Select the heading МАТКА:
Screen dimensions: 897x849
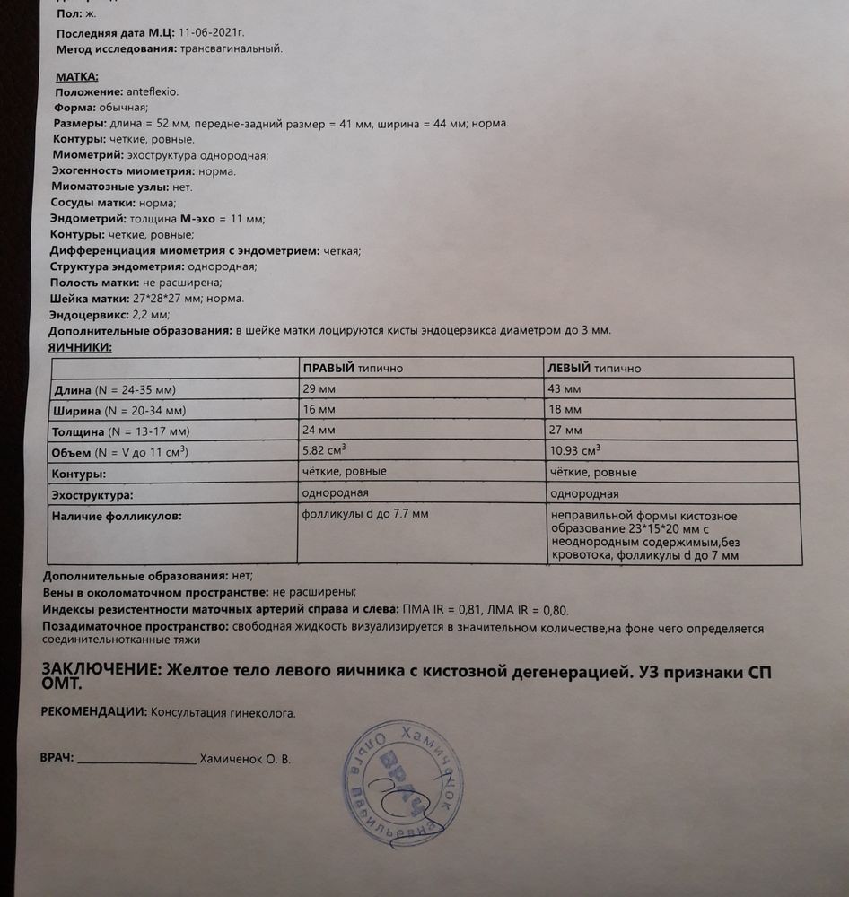(77, 77)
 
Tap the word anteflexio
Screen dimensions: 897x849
(153, 91)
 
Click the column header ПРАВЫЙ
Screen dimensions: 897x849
(329, 368)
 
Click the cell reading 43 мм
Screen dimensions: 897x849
(564, 388)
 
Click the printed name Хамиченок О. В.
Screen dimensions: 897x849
(246, 759)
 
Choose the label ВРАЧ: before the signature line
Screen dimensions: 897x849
(57, 758)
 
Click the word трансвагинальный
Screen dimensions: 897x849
(232, 48)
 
